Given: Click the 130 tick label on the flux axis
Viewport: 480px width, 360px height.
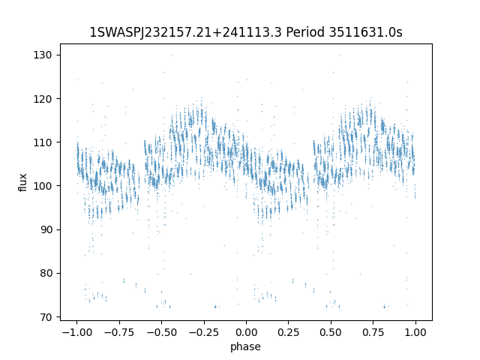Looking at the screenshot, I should coord(46,55).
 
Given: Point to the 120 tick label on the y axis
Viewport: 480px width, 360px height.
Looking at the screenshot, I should coord(46,98).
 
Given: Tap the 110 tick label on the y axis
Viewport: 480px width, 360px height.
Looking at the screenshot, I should coord(46,142).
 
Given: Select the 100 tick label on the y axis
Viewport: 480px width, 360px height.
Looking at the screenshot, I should coord(46,185).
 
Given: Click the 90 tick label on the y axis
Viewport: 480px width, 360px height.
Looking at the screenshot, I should coord(48,229).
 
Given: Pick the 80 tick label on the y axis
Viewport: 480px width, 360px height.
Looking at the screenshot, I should coord(48,273).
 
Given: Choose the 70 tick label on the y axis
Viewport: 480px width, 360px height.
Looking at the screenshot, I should coord(48,316).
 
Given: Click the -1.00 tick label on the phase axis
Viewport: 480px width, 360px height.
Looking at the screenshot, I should coord(76,332).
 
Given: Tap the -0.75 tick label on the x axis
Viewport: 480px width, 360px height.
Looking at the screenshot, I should coord(118,332).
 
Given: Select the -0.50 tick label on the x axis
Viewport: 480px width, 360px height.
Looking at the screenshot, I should coord(160,332).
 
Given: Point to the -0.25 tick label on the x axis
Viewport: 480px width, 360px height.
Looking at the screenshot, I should coord(203,332).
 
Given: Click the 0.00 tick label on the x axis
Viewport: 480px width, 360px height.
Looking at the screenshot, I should coord(246,332).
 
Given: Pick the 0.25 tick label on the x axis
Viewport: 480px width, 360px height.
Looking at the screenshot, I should coord(289,332).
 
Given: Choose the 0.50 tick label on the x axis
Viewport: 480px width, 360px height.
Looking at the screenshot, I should coord(331,332).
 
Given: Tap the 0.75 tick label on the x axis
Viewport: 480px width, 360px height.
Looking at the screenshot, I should coord(373,332).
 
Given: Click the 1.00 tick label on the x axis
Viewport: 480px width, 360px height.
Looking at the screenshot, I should coord(416,332).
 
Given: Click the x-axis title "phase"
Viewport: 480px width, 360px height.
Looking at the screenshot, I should coord(246,346).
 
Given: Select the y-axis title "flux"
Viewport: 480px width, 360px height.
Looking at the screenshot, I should coord(23,182).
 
